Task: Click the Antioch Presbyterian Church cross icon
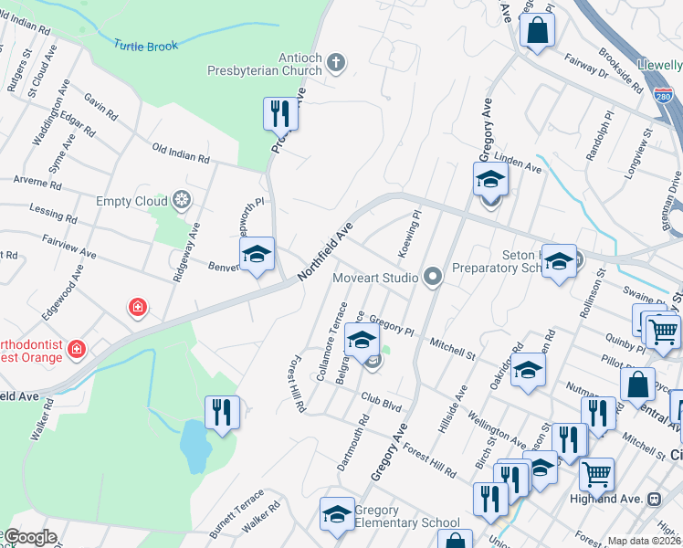point(337,63)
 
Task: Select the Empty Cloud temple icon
point(182,200)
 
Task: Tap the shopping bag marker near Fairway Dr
point(538,30)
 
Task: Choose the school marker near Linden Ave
point(490,179)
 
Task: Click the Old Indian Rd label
point(181,153)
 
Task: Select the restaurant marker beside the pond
point(222,412)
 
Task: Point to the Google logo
point(29,537)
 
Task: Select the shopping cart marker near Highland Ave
point(596,474)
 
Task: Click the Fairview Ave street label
point(68,244)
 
